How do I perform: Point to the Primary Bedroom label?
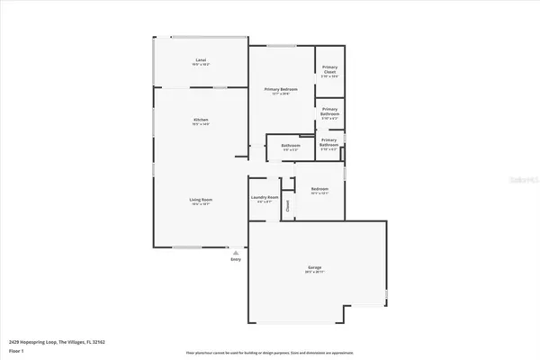[x=281, y=89]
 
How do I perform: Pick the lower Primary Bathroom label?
[x=329, y=141]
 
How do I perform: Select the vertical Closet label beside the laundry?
[x=288, y=204]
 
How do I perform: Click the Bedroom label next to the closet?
[x=319, y=189]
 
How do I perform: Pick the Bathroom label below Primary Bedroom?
[x=290, y=146]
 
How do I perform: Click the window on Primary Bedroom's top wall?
[x=281, y=46]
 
